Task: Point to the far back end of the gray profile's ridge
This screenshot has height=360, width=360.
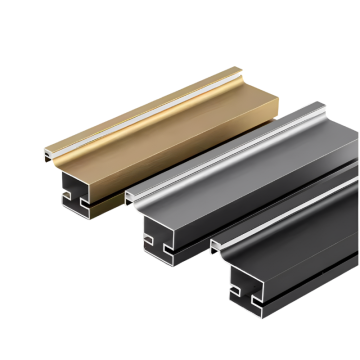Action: (320, 104)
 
